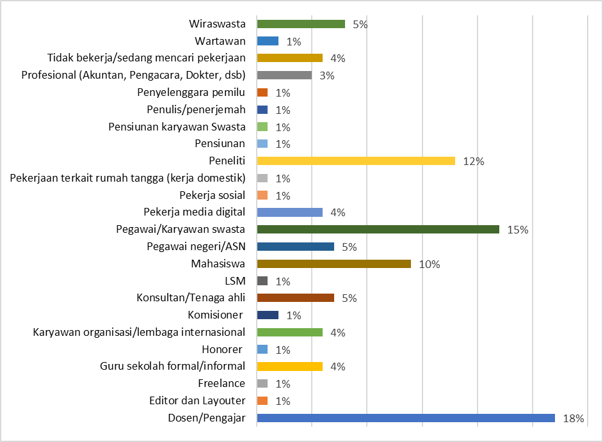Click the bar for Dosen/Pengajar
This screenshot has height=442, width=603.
405,418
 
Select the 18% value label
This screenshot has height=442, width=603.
574,418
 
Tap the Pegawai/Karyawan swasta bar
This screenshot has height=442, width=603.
378,229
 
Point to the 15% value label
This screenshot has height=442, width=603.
518,230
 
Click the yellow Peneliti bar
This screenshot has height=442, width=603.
355,161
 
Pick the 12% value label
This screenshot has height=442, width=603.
474,161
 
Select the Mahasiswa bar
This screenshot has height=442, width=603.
334,264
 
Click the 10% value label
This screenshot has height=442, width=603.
430,264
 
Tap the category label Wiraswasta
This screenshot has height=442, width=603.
218,24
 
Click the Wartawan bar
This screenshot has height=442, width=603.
268,41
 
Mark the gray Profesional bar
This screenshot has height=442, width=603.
284,75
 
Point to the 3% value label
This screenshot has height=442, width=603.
328,75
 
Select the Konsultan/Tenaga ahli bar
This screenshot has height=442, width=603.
295,298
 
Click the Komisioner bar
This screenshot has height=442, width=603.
268,315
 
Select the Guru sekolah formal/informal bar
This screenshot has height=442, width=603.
289,367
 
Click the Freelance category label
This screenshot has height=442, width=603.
221,383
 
